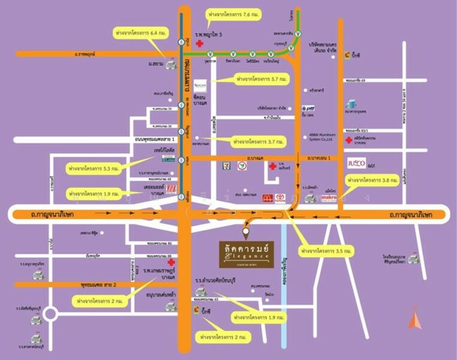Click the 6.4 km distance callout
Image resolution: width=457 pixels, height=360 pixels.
(x=142, y=33)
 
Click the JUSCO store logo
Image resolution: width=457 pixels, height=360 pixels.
(x=356, y=163)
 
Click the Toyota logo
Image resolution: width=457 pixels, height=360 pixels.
(x=280, y=199)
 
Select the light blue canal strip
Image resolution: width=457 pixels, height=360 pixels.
(x=284, y=282)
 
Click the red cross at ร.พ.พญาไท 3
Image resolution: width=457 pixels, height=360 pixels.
(x=199, y=44)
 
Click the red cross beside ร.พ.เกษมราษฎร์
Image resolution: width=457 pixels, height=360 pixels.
(x=171, y=263)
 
